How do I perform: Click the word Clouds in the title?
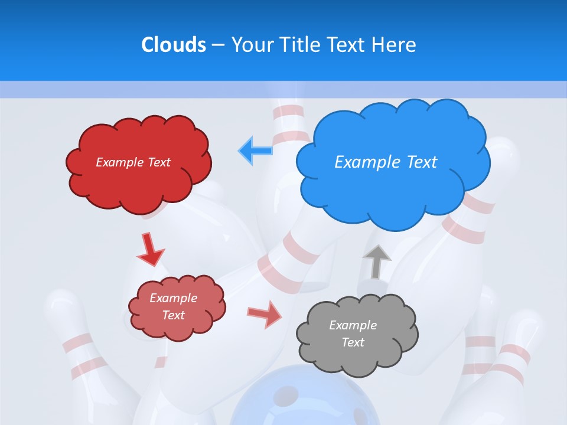pyautogui.click(x=174, y=45)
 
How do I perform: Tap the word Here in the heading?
pyautogui.click(x=395, y=45)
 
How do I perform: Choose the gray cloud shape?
pyautogui.click(x=357, y=354)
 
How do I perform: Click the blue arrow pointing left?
pyautogui.click(x=256, y=150)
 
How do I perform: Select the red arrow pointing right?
pyautogui.click(x=265, y=314)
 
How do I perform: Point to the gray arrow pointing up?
pyautogui.click(x=377, y=261)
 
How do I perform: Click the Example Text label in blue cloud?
pyautogui.click(x=386, y=162)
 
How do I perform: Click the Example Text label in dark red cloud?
pyautogui.click(x=133, y=162)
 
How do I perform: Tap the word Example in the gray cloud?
pyautogui.click(x=353, y=325)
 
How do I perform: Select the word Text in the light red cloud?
pyautogui.click(x=173, y=315)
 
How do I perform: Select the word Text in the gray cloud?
pyautogui.click(x=353, y=342)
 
